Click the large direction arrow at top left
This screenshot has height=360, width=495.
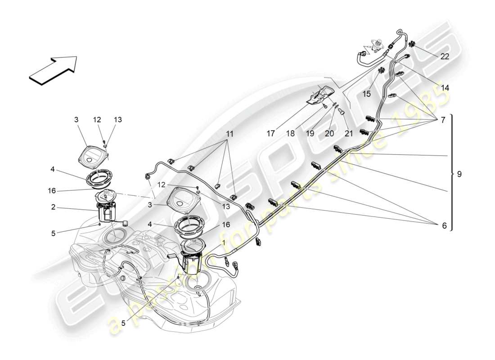[x=53, y=70]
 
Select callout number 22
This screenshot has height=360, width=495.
[x=445, y=56]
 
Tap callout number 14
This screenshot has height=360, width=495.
[x=445, y=88]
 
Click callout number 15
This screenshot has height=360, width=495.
[x=367, y=94]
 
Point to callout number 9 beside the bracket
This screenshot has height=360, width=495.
[x=459, y=174]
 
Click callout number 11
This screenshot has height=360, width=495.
[x=230, y=134]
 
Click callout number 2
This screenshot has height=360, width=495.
[x=54, y=207]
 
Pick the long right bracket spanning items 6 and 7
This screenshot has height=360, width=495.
[x=451, y=172]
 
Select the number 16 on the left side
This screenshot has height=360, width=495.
[x=52, y=191]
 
